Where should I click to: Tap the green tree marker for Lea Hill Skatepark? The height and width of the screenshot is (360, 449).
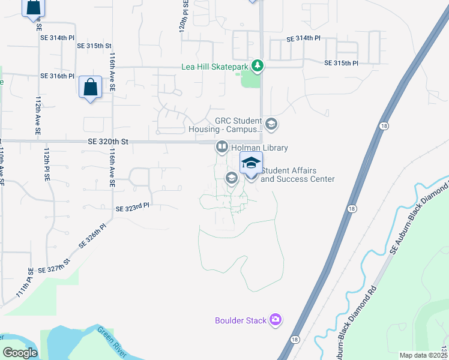[x=258, y=65]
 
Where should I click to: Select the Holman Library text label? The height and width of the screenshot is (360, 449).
[x=259, y=148]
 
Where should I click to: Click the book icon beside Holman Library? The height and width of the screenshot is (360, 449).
[x=221, y=147]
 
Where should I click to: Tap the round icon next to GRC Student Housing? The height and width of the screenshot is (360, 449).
[x=271, y=124]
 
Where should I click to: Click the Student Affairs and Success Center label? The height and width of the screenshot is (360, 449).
[x=297, y=175]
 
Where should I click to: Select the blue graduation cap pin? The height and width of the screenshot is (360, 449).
[x=251, y=163]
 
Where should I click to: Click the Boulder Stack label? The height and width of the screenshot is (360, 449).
[x=241, y=320]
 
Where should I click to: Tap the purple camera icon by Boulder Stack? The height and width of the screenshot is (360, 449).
[x=276, y=319]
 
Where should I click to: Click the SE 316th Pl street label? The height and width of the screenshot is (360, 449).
[x=58, y=76]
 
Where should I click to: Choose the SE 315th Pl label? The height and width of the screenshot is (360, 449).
[x=341, y=63]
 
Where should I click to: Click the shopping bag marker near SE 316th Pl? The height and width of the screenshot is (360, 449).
[x=89, y=88]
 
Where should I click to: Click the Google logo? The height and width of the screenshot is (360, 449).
[x=20, y=353]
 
